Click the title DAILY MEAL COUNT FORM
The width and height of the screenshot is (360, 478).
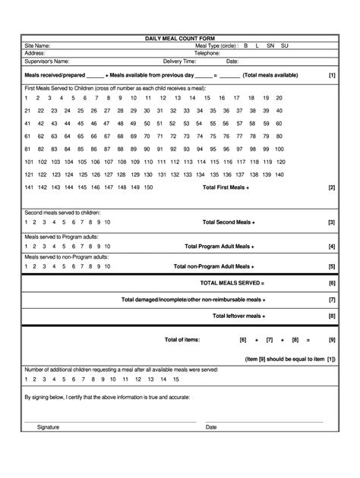[180, 38]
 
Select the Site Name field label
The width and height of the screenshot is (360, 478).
[37, 46]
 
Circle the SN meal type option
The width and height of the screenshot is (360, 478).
[270, 46]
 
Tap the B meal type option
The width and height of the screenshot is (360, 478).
[245, 46]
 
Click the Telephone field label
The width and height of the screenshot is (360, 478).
[207, 53]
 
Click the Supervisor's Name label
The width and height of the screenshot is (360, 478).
[47, 61]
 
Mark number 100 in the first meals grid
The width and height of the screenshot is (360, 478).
[279, 149]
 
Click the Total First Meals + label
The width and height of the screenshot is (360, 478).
[226, 187]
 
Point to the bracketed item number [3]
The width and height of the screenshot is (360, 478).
[332, 222]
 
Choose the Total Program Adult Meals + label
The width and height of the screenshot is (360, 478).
[219, 247]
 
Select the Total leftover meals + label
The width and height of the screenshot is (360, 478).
[238, 316]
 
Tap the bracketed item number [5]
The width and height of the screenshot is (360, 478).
[332, 266]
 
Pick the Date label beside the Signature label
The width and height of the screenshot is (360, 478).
[211, 427]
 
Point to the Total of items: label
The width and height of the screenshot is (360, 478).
[182, 339]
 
